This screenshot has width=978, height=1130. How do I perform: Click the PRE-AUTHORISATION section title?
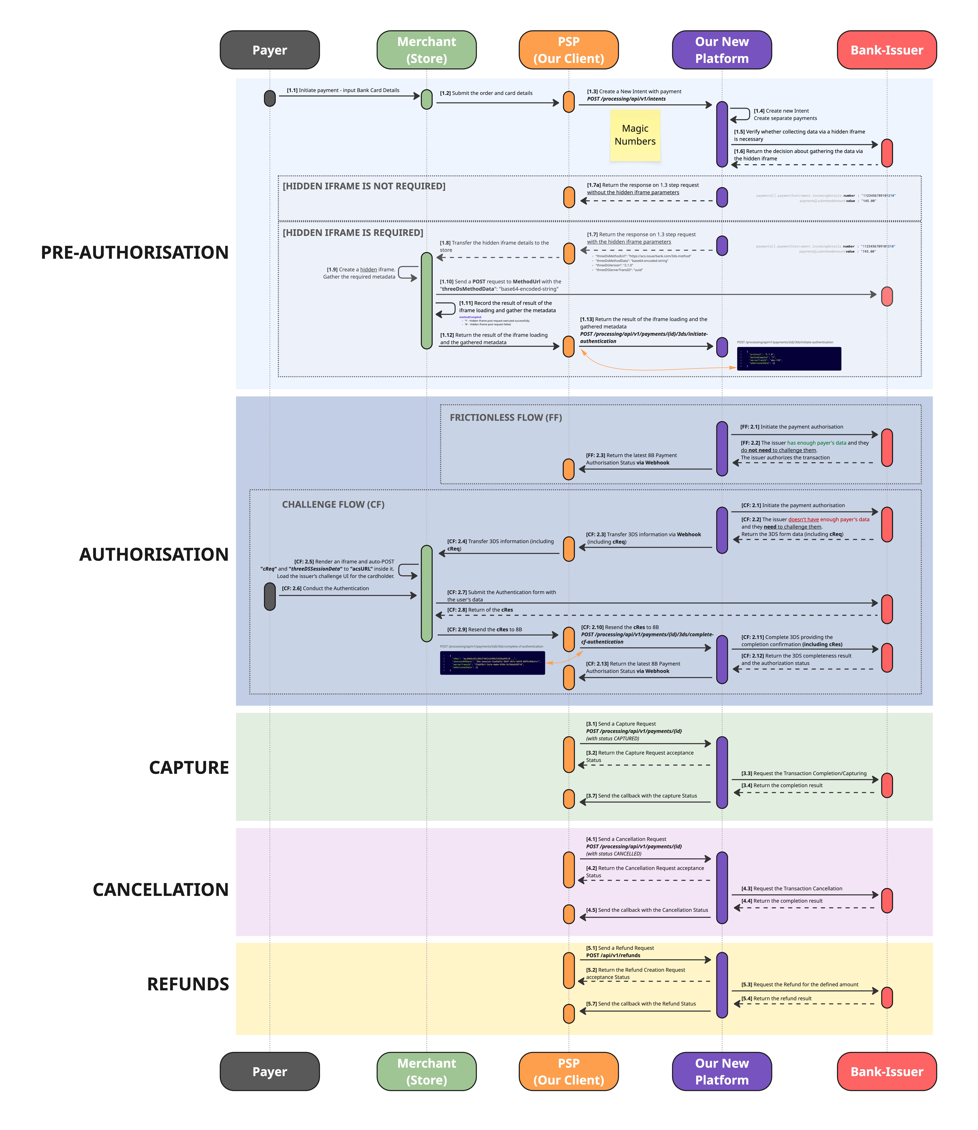pyautogui.click(x=135, y=253)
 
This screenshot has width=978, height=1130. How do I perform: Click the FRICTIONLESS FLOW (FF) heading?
pyautogui.click(x=505, y=417)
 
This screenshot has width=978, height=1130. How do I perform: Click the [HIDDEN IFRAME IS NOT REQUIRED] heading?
pyautogui.click(x=364, y=186)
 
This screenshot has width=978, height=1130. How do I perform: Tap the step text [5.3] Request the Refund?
pyautogui.click(x=800, y=985)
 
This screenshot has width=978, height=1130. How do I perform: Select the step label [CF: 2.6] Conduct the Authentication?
pyautogui.click(x=325, y=589)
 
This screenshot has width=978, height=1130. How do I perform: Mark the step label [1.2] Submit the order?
pyautogui.click(x=486, y=93)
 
